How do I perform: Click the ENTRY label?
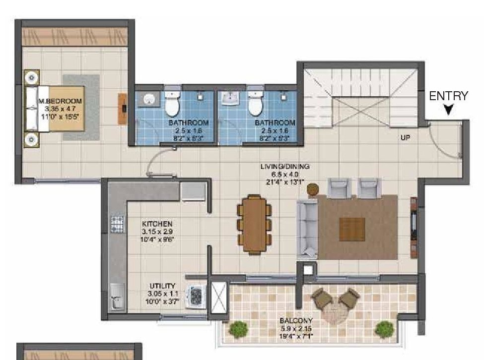[448, 96]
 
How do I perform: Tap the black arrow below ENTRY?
[448, 110]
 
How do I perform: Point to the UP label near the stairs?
[406, 138]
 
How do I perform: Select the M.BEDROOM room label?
[60, 101]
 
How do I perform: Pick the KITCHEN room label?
[157, 224]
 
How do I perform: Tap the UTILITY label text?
[162, 286]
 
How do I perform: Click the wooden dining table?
[255, 224]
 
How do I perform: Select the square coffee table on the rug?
[352, 230]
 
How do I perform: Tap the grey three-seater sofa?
[307, 229]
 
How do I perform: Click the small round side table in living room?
[313, 189]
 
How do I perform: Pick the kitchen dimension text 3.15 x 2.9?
[157, 232]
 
